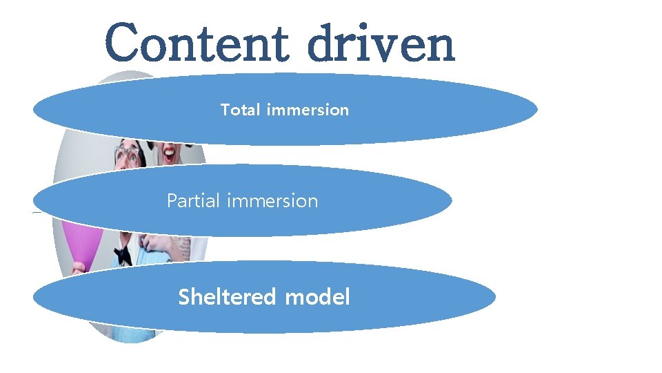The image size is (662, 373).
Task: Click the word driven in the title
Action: pos(381,43)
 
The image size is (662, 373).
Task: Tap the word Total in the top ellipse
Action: pos(240,109)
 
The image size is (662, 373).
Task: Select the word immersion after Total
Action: pos(307,109)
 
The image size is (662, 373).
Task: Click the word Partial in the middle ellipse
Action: pos(193,201)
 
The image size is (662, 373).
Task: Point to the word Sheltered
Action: pos(227,297)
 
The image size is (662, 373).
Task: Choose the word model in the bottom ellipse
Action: pos(317,297)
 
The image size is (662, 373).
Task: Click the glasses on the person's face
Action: pos(127,155)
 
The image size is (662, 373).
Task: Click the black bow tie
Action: pos(123,255)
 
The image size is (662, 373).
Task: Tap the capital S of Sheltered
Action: pos(184,297)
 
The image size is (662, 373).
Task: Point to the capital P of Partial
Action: pos(172,201)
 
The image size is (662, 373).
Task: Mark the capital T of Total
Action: pos(225,109)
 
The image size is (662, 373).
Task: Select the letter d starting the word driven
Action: pos(321,43)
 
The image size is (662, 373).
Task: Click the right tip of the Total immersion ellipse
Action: pos(536,109)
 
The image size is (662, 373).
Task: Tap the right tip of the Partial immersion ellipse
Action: pos(452,201)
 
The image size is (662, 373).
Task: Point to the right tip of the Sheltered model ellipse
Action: pos(495,297)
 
